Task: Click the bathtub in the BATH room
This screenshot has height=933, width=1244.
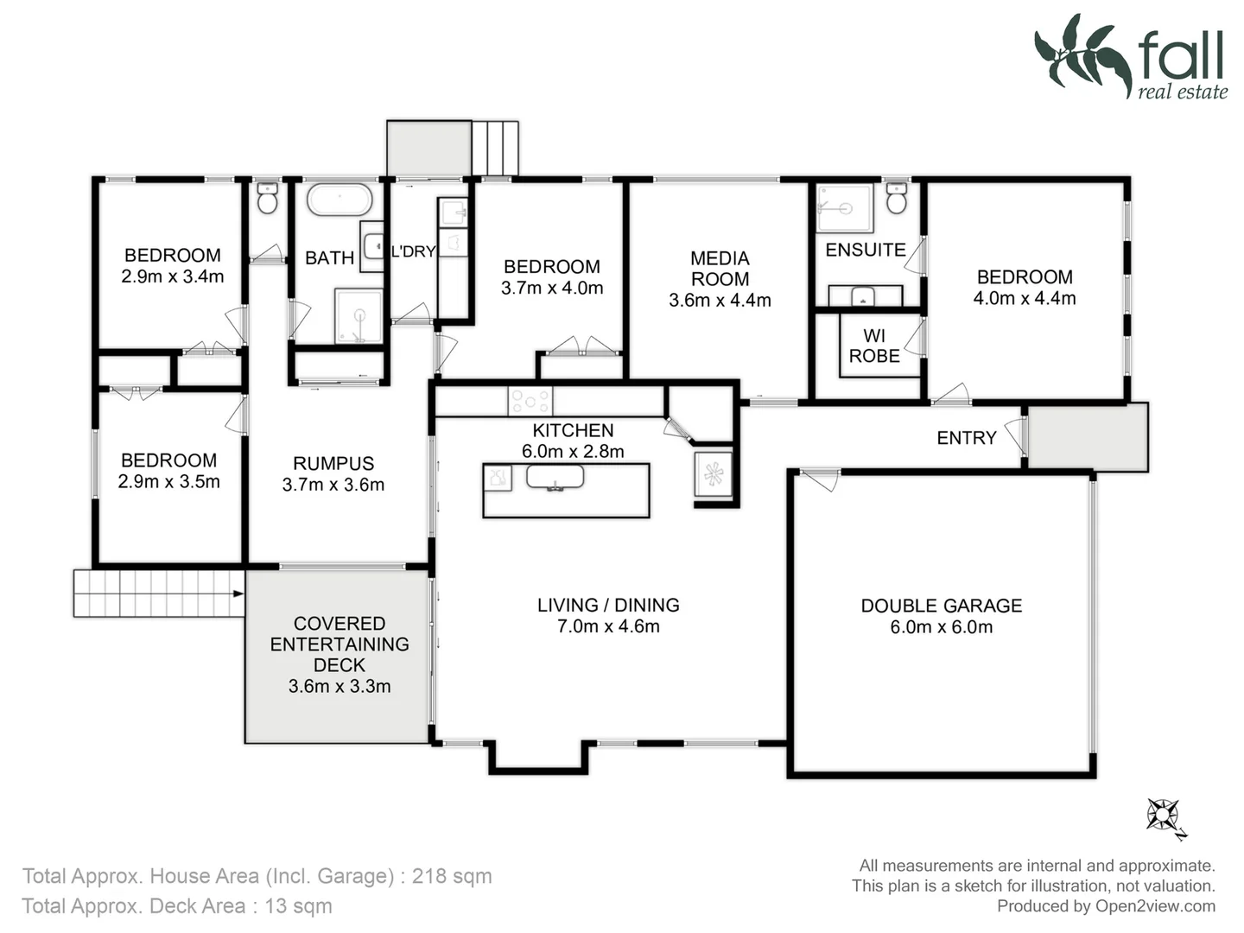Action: pos(340,200)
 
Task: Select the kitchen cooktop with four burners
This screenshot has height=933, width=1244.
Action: pos(530,401)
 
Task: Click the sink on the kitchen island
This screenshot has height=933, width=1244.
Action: pos(555,477)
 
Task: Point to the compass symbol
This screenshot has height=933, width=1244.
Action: pos(1165,816)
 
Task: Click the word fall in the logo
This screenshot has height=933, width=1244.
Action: pos(1180,56)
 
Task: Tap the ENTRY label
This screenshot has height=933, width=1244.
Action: pos(966,438)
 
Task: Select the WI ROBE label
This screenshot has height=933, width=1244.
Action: pos(873,346)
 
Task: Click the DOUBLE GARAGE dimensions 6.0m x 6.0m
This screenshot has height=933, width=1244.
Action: pos(941,627)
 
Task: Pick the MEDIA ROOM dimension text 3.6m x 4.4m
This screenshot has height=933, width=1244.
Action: pos(720,301)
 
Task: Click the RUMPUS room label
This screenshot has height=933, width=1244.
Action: pos(333,464)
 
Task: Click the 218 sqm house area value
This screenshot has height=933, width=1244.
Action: pos(452,876)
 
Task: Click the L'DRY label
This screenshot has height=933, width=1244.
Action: pos(413,251)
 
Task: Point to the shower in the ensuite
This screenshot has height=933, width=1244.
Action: pos(844,207)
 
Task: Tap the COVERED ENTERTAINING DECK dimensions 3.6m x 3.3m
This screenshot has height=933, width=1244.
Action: pos(339,687)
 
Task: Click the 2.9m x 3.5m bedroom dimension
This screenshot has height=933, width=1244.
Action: pos(168,482)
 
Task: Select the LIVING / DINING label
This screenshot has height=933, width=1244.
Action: pos(608,606)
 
